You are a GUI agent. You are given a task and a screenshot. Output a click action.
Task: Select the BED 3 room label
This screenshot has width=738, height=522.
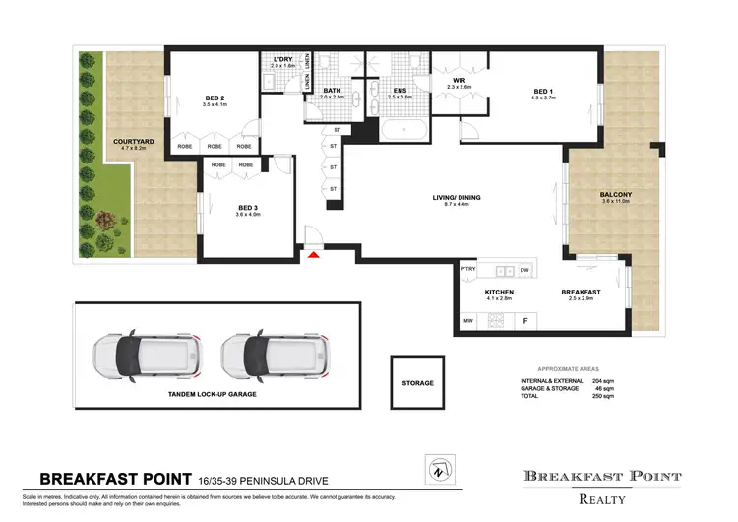tap(247, 208)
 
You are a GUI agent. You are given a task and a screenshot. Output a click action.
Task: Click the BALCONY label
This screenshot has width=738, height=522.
tap(616, 195)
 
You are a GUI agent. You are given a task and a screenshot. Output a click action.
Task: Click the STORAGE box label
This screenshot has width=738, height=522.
tap(417, 382)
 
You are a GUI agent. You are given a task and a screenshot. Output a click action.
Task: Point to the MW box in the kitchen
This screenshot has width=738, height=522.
tap(467, 320)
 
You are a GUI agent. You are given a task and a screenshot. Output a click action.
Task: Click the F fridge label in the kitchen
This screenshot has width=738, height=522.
tap(525, 321)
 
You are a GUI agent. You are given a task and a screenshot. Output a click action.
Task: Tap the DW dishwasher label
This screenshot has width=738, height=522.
tap(523, 270)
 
